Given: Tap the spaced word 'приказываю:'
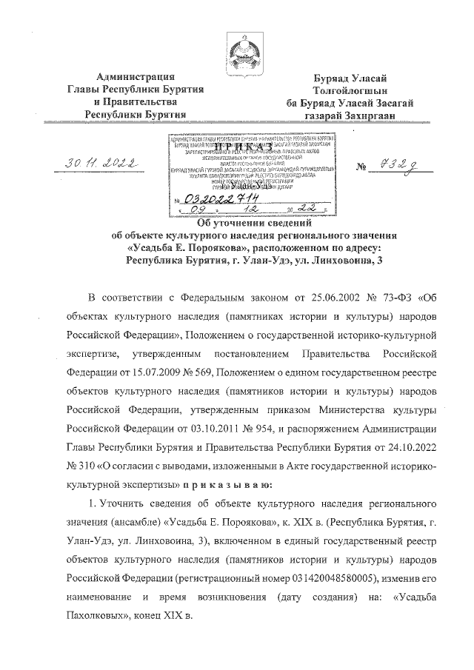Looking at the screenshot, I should tap(238, 484).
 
